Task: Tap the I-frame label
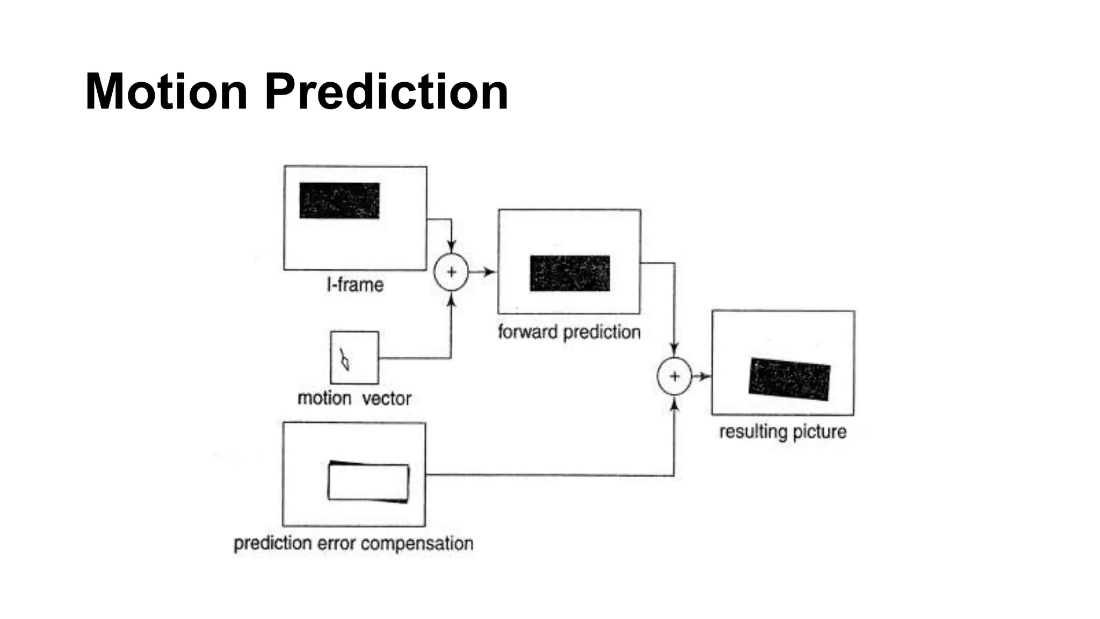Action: point(355,285)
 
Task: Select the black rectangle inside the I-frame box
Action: point(339,200)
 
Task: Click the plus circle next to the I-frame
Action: point(451,272)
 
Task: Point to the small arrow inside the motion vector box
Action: point(344,359)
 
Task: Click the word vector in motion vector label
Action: point(387,399)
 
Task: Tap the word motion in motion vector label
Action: point(324,399)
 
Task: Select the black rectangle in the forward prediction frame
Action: point(570,273)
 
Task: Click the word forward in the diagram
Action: point(528,332)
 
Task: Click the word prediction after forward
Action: point(602,333)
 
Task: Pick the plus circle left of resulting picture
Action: point(675,377)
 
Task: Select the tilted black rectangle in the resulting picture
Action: point(790,379)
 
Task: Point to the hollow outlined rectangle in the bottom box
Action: point(368,482)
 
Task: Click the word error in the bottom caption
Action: point(336,543)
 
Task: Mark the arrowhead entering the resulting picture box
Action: point(705,377)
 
